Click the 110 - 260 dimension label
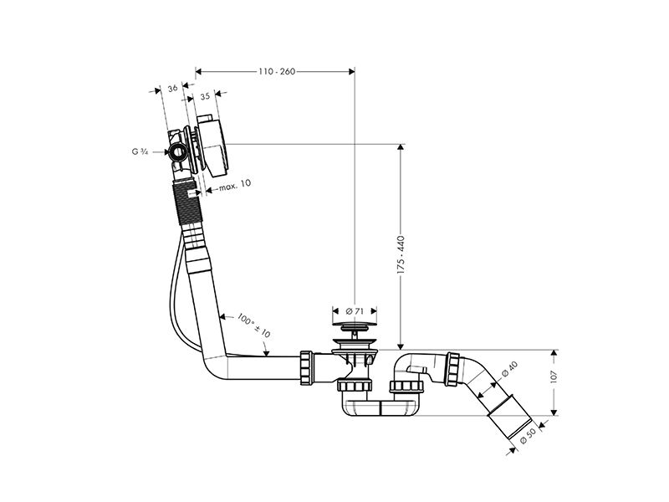277,71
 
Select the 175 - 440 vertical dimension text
401,255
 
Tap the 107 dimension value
554,377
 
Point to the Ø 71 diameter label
355,311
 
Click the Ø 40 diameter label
509,368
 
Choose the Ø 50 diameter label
528,435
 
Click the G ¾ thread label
140,151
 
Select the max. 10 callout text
235,185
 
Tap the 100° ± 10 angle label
254,325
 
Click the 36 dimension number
172,89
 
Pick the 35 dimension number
205,96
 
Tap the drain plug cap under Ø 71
355,326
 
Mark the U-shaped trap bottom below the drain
381,408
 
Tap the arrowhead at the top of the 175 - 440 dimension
401,148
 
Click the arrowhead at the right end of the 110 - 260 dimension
351,71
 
